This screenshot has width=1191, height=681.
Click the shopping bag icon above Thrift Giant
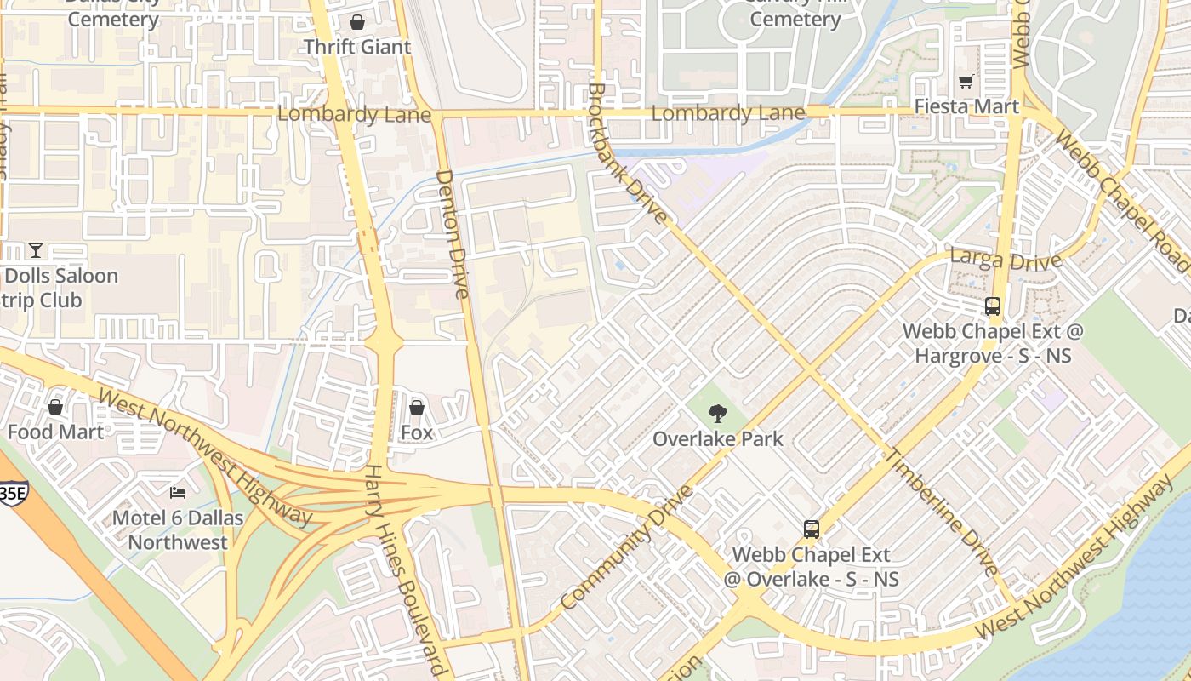(x=357, y=22)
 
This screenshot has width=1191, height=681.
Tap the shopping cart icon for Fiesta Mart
(x=966, y=82)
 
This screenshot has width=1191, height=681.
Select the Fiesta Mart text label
(x=966, y=106)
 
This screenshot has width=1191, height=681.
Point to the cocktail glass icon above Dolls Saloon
(x=35, y=250)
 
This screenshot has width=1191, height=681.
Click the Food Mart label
(x=55, y=432)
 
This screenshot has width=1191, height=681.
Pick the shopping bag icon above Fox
(x=417, y=408)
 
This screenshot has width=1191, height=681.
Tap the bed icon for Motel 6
(x=178, y=493)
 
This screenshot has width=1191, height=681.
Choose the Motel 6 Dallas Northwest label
(x=178, y=529)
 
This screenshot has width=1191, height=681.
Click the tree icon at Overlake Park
(x=718, y=414)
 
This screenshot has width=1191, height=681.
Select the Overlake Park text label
(x=718, y=439)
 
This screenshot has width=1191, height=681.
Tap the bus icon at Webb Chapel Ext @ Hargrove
(x=992, y=306)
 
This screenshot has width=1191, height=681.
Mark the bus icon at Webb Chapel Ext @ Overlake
(x=812, y=529)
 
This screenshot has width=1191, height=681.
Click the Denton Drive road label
(x=453, y=233)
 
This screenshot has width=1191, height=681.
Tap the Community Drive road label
(x=627, y=547)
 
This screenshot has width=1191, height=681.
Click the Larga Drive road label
(x=1006, y=258)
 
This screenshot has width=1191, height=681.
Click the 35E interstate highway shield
(x=12, y=493)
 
